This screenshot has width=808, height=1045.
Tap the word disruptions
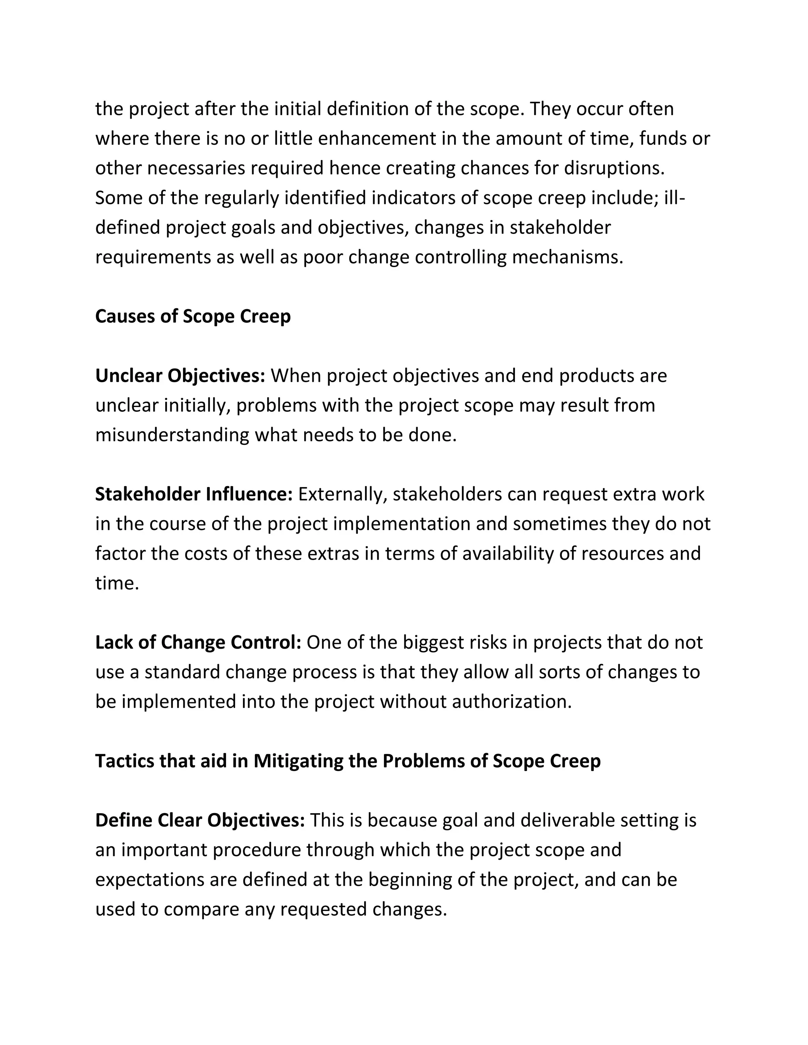pos(615,168)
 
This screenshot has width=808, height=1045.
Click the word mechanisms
pos(568,258)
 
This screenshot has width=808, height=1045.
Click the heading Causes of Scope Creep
pos(193,316)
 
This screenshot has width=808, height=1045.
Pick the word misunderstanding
pos(172,435)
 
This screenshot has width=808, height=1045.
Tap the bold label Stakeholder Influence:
pos(194,494)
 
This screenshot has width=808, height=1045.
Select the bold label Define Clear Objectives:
pos(200,821)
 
